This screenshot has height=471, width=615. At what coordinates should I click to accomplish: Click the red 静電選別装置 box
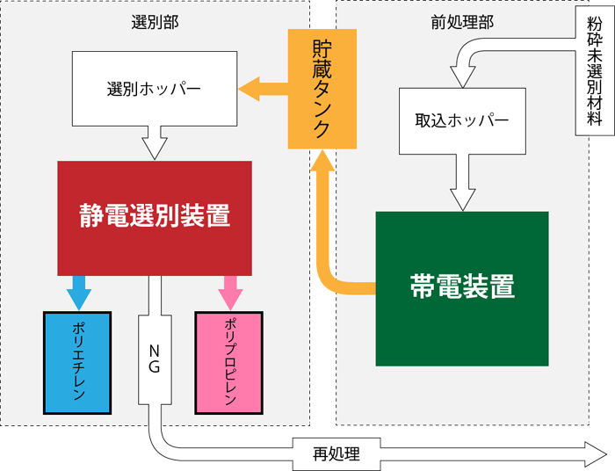click(x=155, y=217)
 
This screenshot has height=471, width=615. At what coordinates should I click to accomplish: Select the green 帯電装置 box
click(x=462, y=288)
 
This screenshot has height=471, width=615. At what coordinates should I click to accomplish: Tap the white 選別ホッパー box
click(x=154, y=89)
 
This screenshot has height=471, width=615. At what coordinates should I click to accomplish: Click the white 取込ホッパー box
click(x=462, y=120)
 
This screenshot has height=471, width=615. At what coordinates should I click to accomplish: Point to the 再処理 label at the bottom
click(x=336, y=454)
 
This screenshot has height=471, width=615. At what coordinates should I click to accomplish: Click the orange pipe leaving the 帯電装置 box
click(x=351, y=287)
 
